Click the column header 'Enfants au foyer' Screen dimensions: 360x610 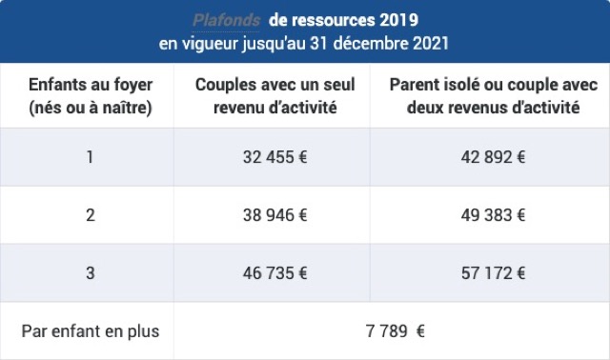pyautogui.click(x=91, y=85)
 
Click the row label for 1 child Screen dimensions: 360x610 pyautogui.click(x=91, y=157)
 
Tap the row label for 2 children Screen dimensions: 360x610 pyautogui.click(x=91, y=215)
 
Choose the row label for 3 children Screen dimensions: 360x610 pyautogui.click(x=91, y=273)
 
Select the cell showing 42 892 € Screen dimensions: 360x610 pyautogui.click(x=493, y=157)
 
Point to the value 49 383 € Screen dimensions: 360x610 pyautogui.click(x=493, y=215)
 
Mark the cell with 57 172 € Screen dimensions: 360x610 pyautogui.click(x=493, y=273)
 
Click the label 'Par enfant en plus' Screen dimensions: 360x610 pyautogui.click(x=91, y=331)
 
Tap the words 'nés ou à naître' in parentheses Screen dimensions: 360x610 pyautogui.click(x=91, y=107)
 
